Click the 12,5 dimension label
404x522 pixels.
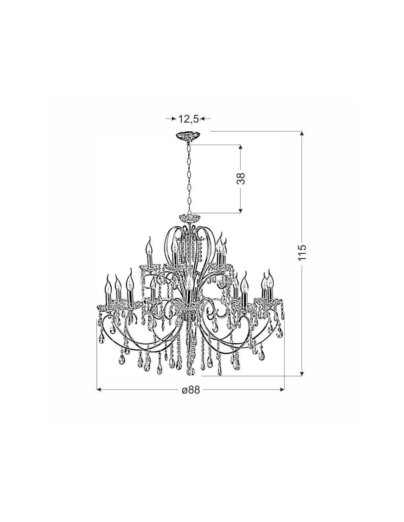point(188,119)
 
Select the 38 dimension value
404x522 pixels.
point(241,178)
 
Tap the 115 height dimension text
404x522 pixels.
point(302,253)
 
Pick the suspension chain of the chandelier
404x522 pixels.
point(189,178)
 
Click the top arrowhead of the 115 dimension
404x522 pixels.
point(302,134)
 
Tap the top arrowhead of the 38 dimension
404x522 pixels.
point(241,147)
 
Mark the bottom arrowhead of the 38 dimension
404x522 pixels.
point(241,210)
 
